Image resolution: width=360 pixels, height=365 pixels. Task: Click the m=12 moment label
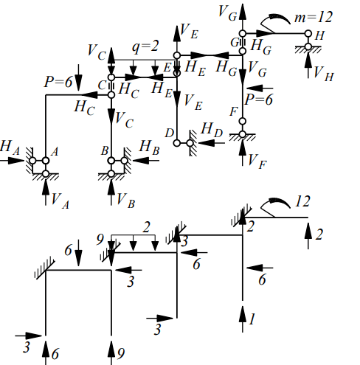314,17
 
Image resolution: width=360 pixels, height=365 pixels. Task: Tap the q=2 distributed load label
145,46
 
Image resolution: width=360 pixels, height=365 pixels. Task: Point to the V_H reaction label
323,74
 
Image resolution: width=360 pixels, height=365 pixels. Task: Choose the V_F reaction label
257,161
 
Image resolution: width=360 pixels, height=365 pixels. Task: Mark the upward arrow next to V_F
243,153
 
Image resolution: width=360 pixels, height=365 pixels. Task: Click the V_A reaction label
60,201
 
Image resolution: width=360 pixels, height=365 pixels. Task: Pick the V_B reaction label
125,201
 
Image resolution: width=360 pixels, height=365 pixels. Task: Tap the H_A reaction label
10,147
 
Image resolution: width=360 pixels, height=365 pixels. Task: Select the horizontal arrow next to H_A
12,161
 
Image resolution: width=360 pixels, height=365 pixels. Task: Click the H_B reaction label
150,147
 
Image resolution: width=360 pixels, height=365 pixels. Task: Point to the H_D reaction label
212,131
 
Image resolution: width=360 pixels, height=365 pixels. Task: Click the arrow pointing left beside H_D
212,143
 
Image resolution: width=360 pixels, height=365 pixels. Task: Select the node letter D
169,133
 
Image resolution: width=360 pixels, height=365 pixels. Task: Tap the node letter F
234,112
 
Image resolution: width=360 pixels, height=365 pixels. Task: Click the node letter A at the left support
55,152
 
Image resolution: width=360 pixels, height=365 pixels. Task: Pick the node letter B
105,151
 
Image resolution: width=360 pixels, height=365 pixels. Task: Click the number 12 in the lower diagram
302,201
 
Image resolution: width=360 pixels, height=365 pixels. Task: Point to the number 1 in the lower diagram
252,319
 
